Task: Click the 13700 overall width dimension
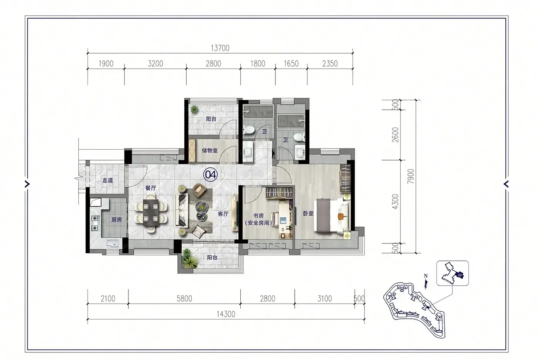[x=220, y=48]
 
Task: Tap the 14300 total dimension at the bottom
[x=226, y=314]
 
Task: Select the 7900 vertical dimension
[x=410, y=176]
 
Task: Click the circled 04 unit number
[x=211, y=174]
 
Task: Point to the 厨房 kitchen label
[x=116, y=220]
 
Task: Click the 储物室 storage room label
[x=210, y=150]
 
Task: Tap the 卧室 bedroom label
[x=308, y=213]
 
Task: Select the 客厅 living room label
[x=223, y=214]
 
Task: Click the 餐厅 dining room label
[x=151, y=188]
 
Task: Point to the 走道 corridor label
[x=108, y=180]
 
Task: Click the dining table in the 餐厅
[x=151, y=212]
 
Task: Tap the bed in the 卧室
[x=332, y=216]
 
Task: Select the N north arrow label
[x=426, y=276]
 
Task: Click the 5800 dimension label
[x=184, y=299]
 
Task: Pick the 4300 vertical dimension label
[x=395, y=201]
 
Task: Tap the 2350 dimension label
[x=330, y=64]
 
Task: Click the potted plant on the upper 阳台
[x=194, y=110]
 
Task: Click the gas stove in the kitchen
[x=95, y=223]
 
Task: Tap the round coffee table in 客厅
[x=201, y=207]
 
